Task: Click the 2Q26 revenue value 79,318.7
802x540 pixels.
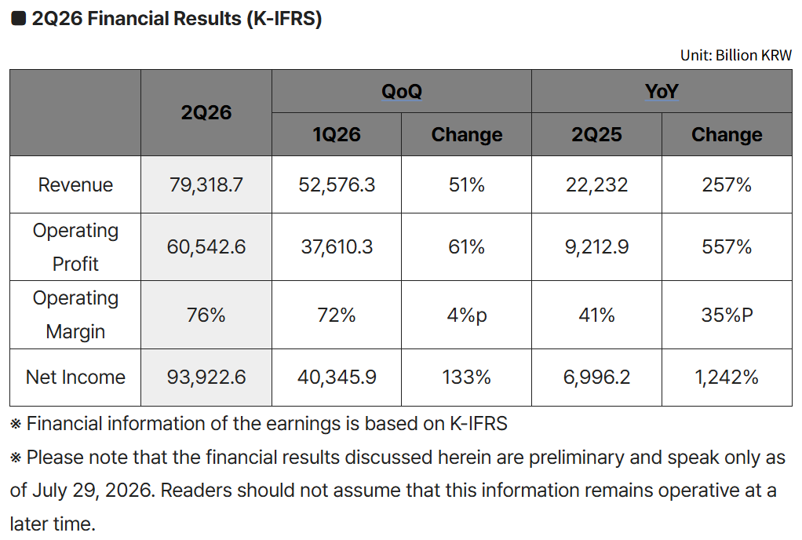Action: [206, 184]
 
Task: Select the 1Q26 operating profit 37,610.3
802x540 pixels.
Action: [337, 247]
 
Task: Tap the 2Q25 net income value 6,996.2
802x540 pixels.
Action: [596, 378]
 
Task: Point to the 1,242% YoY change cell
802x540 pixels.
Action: [727, 378]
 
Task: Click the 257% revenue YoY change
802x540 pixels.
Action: [727, 184]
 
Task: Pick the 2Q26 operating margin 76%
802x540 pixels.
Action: [206, 315]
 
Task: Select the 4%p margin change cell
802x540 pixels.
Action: [466, 316]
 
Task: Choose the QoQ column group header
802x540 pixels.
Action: [402, 92]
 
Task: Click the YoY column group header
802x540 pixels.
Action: [662, 92]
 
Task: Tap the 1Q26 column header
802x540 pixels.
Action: [337, 134]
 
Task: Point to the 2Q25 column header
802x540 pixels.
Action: [596, 134]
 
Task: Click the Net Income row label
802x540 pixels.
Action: [75, 378]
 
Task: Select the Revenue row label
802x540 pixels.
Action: [75, 184]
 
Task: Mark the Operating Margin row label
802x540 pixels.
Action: [75, 315]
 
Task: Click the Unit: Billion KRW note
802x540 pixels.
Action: [735, 55]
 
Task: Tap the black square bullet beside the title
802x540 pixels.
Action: [18, 18]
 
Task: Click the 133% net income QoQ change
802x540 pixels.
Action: [466, 378]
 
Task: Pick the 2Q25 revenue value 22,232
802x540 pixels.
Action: [596, 184]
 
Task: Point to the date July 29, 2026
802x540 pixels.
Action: [93, 491]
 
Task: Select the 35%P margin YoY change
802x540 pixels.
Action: [727, 315]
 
